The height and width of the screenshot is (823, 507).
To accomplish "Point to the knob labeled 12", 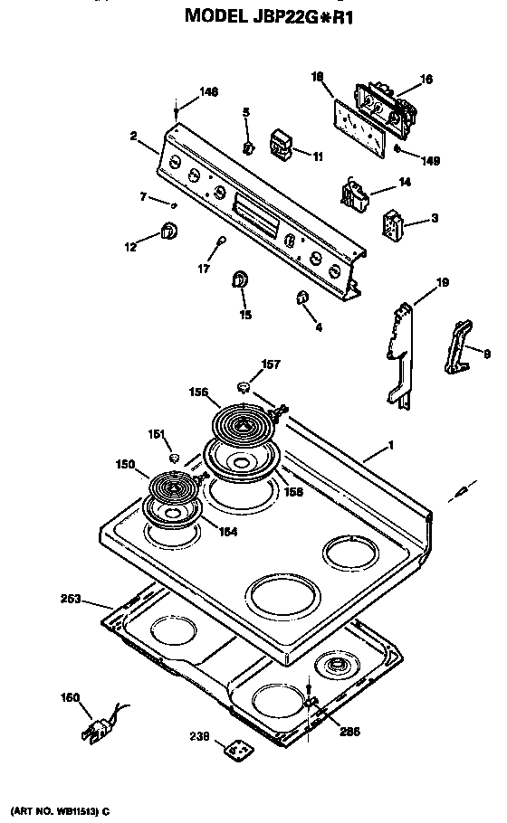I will point(167,232).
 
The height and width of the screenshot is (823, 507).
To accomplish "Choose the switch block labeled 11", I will point(281,142).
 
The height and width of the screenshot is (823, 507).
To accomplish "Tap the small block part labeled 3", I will point(392,225).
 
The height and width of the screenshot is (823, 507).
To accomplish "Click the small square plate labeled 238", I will point(239,750).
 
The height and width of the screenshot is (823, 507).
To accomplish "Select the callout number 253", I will point(71,599).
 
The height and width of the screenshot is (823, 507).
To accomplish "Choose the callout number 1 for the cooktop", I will point(390,445).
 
